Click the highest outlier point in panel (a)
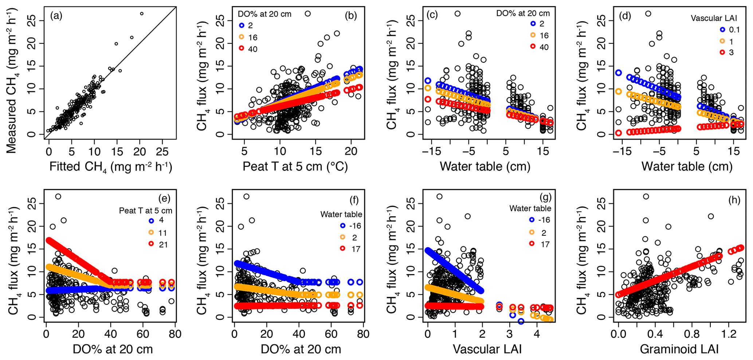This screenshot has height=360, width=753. click(x=142, y=13)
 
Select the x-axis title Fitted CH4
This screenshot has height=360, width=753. click(x=110, y=167)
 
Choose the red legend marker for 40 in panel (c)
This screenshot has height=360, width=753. click(x=533, y=47)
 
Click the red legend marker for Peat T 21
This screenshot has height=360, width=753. click(x=151, y=244)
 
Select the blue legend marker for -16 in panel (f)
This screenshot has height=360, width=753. click(x=342, y=226)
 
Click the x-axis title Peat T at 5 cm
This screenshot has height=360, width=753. click(x=295, y=167)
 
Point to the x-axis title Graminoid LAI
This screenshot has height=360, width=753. click(x=679, y=349)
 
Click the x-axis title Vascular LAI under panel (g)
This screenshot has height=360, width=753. click(x=487, y=349)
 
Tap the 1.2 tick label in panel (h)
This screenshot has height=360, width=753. click(x=728, y=334)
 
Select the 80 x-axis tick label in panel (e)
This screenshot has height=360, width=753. click(x=175, y=334)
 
